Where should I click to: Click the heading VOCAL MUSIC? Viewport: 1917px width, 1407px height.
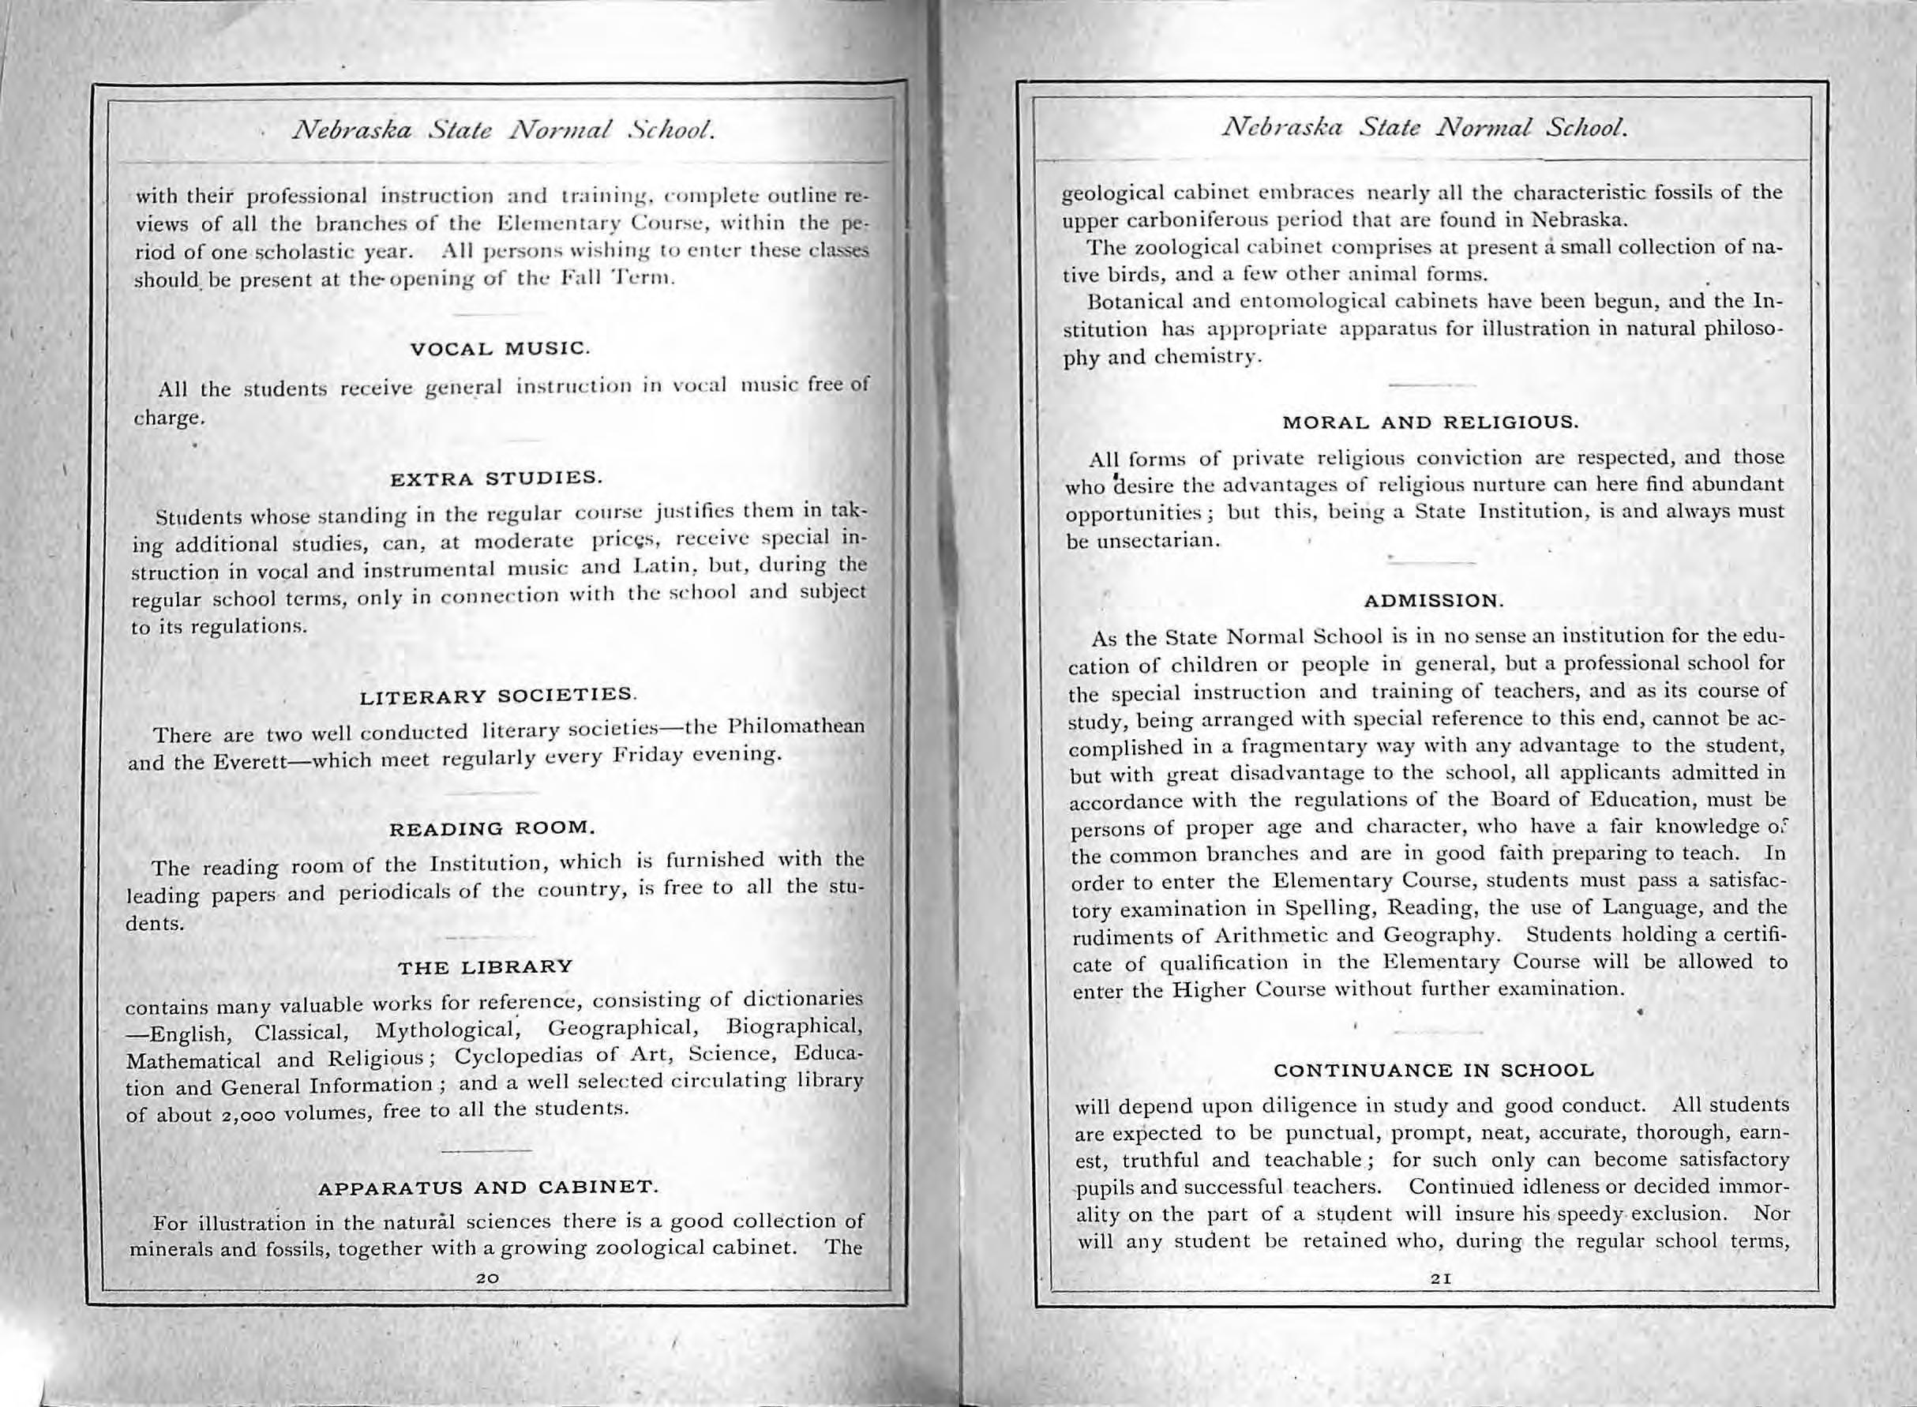(499, 348)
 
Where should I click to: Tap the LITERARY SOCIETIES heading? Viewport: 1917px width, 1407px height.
(498, 696)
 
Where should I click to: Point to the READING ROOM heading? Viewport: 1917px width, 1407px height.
(492, 827)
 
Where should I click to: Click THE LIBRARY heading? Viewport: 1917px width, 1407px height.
(486, 966)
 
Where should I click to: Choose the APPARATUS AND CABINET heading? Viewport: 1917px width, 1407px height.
(488, 1187)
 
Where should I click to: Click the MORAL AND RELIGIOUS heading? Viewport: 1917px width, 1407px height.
(1431, 422)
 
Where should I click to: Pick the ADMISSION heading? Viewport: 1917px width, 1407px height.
(1434, 600)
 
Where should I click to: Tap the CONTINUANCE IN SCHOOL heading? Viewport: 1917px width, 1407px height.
(1433, 1070)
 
